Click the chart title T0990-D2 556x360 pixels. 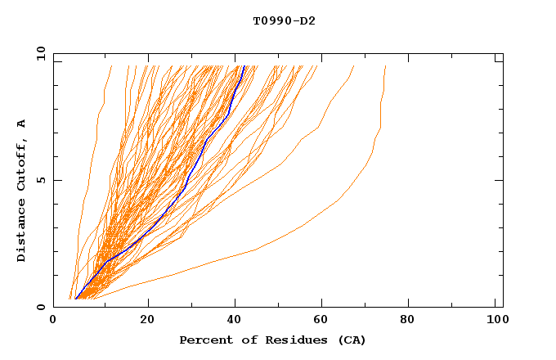pos(284,20)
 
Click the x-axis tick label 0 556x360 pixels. pos(53,321)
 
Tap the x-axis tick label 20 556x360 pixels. pos(147,321)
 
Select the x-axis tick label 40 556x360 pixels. pos(235,321)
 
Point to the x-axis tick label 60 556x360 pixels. pos(324,321)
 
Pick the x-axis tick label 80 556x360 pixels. pos(412,321)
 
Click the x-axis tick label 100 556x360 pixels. pos(496,321)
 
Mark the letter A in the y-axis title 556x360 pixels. pos(21,124)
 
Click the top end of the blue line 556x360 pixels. pos(244,66)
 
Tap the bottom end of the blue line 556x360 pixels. pos(75,299)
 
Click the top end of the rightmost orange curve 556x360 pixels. pos(385,66)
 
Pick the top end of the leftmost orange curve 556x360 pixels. pos(111,66)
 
